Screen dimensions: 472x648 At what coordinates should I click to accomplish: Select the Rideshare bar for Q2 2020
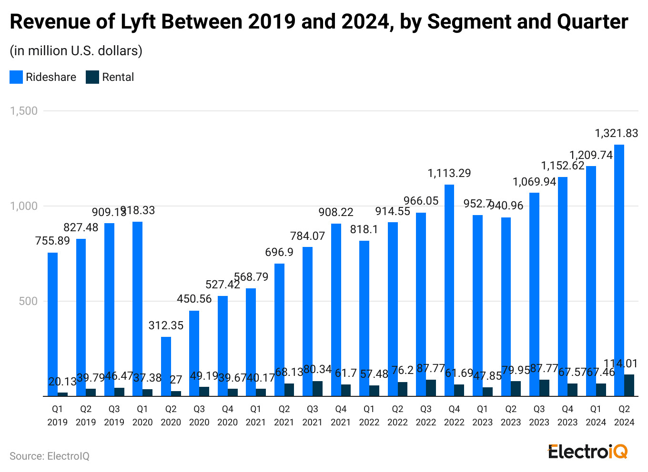click(166, 366)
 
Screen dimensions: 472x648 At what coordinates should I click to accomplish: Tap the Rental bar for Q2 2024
click(629, 385)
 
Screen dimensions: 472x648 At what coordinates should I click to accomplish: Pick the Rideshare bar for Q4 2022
click(449, 290)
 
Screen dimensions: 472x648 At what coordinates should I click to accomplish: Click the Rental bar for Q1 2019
click(62, 394)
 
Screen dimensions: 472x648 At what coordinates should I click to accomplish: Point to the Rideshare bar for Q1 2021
click(251, 342)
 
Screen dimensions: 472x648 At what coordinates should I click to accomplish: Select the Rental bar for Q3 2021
click(317, 388)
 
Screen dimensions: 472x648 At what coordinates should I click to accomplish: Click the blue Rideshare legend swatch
click(16, 77)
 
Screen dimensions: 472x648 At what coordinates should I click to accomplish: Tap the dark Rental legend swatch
click(92, 77)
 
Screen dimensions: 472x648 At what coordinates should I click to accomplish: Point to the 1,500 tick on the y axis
click(24, 111)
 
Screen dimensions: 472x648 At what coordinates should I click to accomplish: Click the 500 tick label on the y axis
click(28, 301)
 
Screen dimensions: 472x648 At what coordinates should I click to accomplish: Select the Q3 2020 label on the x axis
click(199, 415)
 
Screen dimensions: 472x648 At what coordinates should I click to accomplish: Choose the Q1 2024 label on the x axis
click(596, 415)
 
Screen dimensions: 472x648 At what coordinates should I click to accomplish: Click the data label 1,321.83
click(616, 133)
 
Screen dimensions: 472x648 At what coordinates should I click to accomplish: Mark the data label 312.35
click(166, 325)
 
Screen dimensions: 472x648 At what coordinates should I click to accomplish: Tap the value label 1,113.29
click(449, 173)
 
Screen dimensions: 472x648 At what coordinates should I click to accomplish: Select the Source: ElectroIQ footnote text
click(50, 456)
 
